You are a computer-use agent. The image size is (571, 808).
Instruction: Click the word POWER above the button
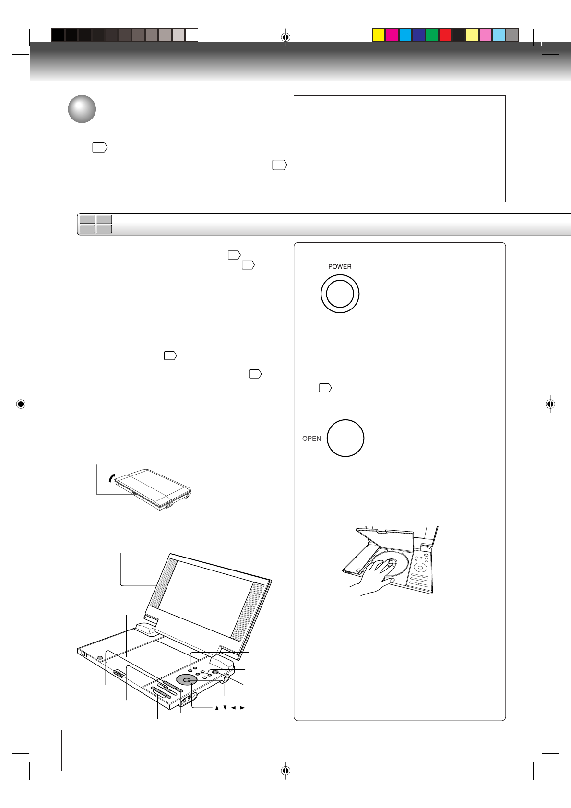click(x=340, y=266)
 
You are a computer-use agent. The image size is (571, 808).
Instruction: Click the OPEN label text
click(x=311, y=439)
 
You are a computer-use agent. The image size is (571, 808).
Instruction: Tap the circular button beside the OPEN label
click(x=345, y=438)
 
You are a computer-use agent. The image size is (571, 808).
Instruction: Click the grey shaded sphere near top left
click(x=82, y=109)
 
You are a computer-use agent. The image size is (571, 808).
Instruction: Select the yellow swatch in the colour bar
click(x=379, y=35)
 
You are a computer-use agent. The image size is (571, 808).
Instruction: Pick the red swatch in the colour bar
click(x=445, y=35)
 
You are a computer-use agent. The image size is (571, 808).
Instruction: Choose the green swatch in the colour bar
click(x=432, y=35)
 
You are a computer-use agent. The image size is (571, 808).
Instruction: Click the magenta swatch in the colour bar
click(x=392, y=35)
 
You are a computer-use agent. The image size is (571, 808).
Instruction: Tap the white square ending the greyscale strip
click(x=192, y=35)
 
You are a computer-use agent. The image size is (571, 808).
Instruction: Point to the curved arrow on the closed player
click(x=111, y=477)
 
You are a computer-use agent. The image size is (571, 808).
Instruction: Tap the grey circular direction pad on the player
click(x=187, y=679)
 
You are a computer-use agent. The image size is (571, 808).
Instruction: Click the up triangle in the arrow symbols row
click(x=217, y=708)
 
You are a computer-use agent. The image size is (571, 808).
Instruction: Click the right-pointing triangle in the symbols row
click(x=243, y=708)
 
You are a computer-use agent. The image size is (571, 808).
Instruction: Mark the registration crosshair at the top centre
click(x=285, y=37)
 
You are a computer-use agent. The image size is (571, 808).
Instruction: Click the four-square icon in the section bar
click(x=96, y=224)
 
